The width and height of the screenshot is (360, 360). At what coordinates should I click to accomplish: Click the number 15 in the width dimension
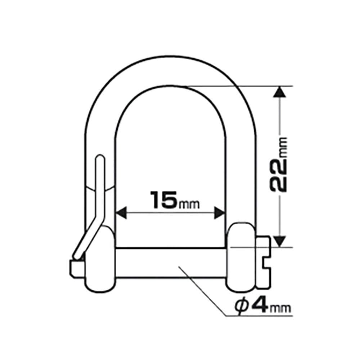pyautogui.click(x=164, y=200)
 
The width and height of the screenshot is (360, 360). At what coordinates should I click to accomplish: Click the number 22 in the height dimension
pyautogui.click(x=279, y=175)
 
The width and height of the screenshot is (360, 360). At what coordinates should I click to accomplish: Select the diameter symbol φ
pyautogui.click(x=242, y=306)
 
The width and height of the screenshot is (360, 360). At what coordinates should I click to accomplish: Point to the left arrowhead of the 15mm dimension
pyautogui.click(x=121, y=213)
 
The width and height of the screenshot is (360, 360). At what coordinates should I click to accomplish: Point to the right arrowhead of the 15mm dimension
pyautogui.click(x=220, y=213)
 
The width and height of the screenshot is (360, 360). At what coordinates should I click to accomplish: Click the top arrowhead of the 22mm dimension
pyautogui.click(x=279, y=91)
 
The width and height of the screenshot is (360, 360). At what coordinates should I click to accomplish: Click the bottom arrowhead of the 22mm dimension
pyautogui.click(x=279, y=242)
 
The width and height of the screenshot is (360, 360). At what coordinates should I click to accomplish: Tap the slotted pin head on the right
pyautogui.click(x=264, y=262)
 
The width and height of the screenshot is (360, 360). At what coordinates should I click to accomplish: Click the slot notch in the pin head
pyautogui.click(x=267, y=263)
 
